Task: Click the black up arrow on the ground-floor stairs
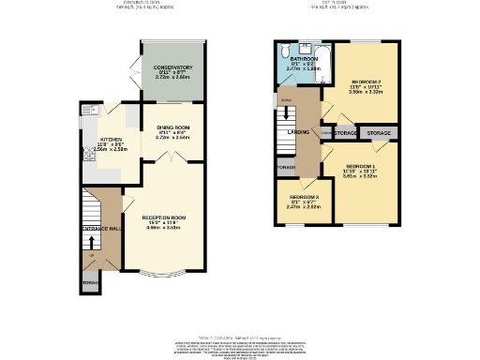click(91, 246)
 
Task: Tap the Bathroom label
click(303, 58)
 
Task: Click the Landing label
click(297, 132)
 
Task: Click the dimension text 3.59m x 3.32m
click(362, 92)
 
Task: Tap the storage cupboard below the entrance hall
click(90, 282)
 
